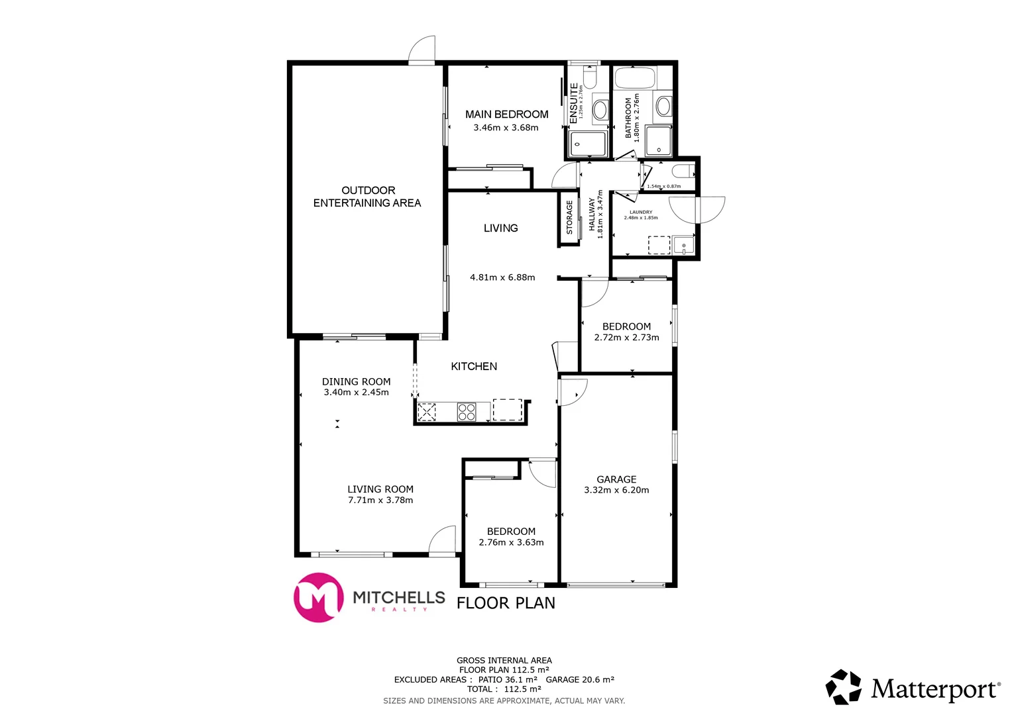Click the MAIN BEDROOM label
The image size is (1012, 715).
506,115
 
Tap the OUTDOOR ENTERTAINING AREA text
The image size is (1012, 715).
367,197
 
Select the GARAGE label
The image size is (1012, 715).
616,479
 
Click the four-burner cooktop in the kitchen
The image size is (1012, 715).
467,412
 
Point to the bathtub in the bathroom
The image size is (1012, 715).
634,78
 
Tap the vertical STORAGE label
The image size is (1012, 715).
569,218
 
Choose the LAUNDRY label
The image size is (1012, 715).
641,213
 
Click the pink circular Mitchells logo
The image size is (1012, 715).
318,597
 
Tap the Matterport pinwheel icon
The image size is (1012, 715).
844,687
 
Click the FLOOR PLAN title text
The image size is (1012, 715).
506,603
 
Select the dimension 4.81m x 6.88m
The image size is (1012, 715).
502,277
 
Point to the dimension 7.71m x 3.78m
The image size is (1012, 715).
380,501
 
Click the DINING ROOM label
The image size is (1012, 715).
356,381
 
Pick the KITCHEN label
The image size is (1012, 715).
474,366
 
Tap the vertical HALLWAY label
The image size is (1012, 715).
592,214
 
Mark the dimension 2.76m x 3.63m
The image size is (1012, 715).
511,543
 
